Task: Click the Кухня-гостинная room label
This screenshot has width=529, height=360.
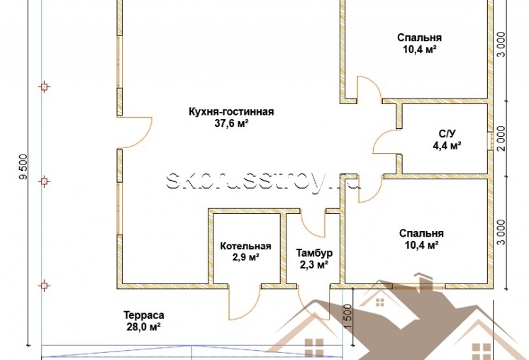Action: pos(231,112)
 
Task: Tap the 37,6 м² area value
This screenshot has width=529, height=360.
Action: pos(231,124)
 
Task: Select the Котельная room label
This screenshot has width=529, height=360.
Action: pos(245,246)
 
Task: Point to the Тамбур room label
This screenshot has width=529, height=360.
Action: pos(314,253)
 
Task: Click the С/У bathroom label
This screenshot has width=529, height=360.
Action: pos(447,134)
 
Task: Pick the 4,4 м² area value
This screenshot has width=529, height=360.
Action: pos(447,145)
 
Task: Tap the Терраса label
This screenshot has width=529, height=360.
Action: pos(144,315)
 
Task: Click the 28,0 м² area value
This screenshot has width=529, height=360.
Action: pos(143,327)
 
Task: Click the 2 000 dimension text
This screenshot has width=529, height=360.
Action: pos(501,138)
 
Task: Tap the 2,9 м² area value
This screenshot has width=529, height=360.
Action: pos(245,257)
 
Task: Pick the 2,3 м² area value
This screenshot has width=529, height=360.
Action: pos(314,265)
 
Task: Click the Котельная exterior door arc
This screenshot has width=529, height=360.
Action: pos(252,311)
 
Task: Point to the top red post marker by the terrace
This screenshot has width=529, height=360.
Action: pos(44,87)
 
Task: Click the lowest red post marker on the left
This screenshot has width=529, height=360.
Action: pos(44,286)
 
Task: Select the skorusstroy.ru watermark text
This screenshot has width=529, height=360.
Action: pos(263,181)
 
